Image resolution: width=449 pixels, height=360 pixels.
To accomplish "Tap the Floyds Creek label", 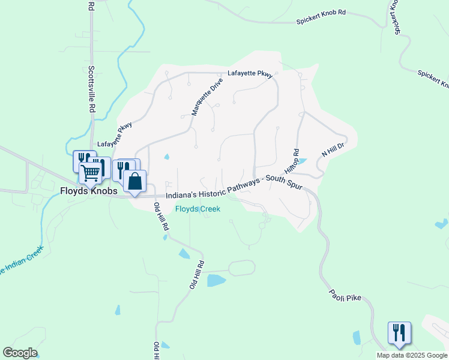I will pyautogui.click(x=197, y=209).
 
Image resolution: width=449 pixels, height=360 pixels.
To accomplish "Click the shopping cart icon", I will pyautogui.click(x=91, y=173).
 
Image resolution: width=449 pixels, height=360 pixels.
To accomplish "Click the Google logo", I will pyautogui.click(x=20, y=353).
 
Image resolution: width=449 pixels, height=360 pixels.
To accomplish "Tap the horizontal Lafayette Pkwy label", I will pyautogui.click(x=250, y=75).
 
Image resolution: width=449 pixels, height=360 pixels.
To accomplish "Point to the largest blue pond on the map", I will pyautogui.click(x=216, y=280).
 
